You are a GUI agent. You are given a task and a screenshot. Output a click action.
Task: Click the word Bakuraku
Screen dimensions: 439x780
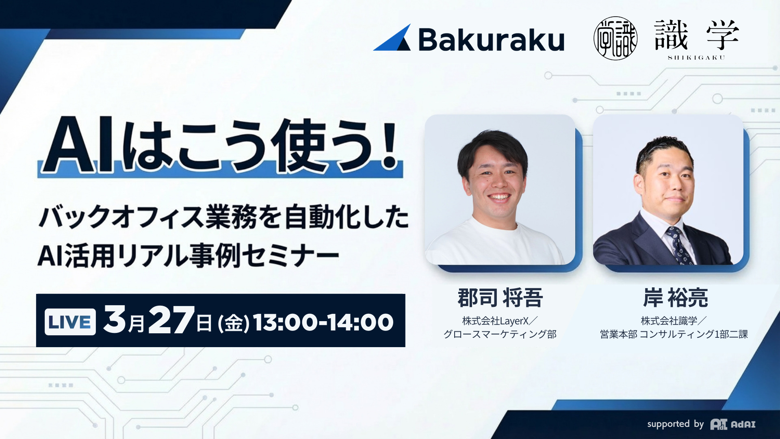click(491, 40)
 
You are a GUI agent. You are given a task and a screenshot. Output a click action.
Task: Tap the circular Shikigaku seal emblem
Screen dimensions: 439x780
click(615, 38)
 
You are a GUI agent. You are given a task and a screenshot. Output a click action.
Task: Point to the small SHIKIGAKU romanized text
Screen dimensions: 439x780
click(696, 58)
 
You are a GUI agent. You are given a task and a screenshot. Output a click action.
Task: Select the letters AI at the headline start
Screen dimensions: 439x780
click(79, 146)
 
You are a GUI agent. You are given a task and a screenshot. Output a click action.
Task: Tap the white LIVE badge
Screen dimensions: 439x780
click(70, 322)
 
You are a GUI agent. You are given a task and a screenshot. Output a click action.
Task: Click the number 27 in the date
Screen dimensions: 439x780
click(171, 320)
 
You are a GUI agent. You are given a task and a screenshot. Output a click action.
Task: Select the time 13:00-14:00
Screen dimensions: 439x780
click(323, 322)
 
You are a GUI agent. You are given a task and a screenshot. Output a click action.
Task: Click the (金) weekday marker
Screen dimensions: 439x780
click(234, 324)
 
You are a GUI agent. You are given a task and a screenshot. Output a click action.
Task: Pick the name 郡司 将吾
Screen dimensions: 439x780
click(500, 298)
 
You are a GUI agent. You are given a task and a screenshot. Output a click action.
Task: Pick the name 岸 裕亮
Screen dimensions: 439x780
click(675, 298)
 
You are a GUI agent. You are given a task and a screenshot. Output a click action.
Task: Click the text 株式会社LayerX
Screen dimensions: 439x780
click(496, 321)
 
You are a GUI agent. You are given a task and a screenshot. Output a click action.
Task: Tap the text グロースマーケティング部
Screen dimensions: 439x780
click(500, 334)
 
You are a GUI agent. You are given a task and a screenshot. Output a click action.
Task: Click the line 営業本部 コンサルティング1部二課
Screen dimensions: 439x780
click(674, 334)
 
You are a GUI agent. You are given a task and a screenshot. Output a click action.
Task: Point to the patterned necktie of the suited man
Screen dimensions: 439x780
click(676, 244)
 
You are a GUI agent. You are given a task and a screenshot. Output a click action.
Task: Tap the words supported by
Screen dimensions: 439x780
click(675, 424)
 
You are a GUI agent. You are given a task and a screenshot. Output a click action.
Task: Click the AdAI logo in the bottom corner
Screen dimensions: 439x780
click(733, 424)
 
